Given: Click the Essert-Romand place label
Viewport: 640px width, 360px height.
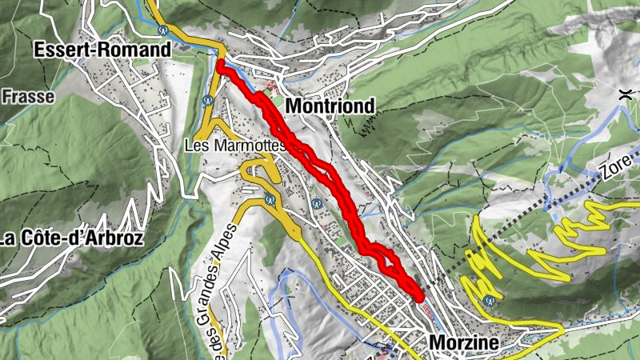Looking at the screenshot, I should coord(102,50).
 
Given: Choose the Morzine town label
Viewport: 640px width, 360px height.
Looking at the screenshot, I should coord(463,342).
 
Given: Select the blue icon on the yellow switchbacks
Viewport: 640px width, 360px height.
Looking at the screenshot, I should coord(489,302).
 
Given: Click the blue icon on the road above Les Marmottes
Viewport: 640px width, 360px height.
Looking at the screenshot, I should coord(207,101).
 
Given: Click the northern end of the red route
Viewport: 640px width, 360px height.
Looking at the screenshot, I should coord(221,63).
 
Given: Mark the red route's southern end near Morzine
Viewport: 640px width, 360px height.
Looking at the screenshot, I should coord(419,297).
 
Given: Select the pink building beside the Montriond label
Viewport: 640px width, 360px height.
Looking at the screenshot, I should coord(272,86).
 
